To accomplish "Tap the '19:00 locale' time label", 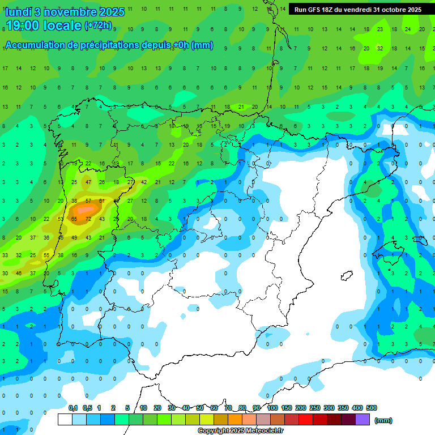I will click(x=43, y=26).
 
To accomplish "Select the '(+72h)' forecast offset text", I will click(x=99, y=25).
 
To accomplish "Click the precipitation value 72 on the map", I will click(x=88, y=219).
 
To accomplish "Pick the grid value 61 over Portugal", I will click(x=102, y=201).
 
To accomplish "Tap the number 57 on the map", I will click(x=88, y=201).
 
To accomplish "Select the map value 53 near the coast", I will click(x=61, y=219).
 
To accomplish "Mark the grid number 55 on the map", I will click(x=46, y=255).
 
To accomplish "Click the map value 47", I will click(x=88, y=182).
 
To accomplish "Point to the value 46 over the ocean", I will click(x=19, y=274).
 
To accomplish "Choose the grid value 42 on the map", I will click(x=144, y=182).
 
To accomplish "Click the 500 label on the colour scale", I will click(x=372, y=408).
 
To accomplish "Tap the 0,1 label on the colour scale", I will click(x=73, y=408).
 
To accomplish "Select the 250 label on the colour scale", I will click(x=315, y=408).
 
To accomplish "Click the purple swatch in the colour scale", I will click(x=362, y=419).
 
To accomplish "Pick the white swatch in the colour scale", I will click(x=65, y=419).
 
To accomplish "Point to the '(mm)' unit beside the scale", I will click(x=384, y=420).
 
